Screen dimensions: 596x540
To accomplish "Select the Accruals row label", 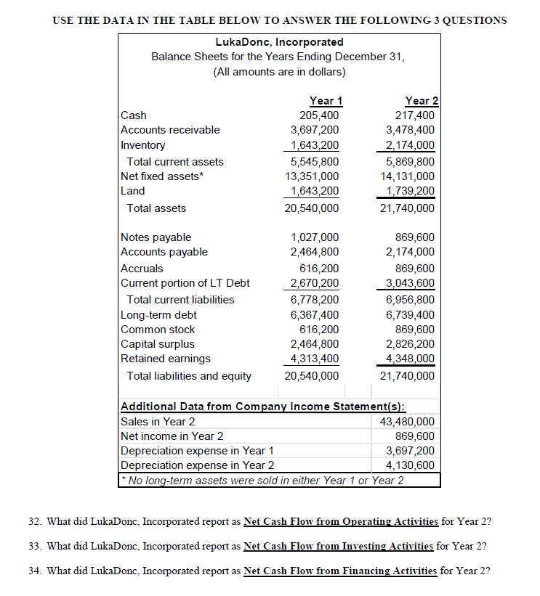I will tap(142, 268).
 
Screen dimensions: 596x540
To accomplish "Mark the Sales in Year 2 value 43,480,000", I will tap(407, 422).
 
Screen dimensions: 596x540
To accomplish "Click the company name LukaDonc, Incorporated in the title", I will tap(279, 42).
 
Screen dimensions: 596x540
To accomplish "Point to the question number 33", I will tap(53, 546).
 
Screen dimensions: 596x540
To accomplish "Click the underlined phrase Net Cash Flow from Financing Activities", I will tap(340, 571).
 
